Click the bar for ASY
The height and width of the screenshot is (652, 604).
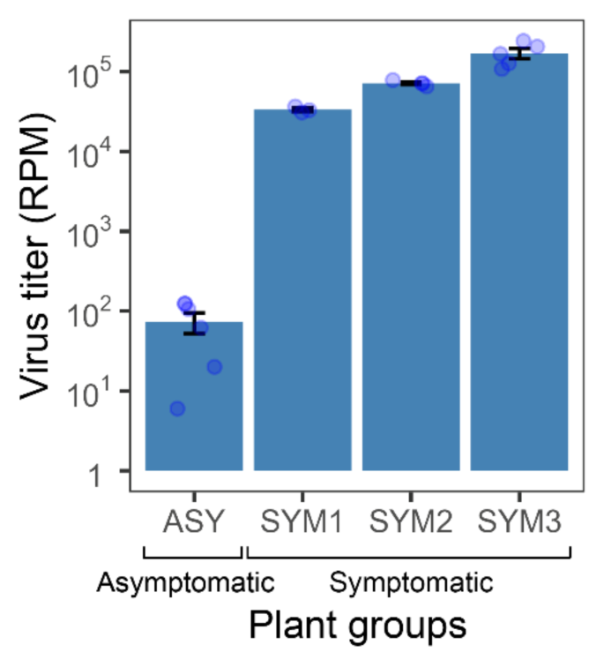[x=194, y=397]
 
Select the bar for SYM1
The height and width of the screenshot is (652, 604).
[x=302, y=291]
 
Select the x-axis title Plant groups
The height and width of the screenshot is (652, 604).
[x=356, y=625]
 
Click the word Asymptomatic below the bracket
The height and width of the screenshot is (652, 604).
[x=186, y=582]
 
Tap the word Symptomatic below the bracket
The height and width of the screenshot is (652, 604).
[x=411, y=582]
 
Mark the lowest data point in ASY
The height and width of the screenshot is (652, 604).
[x=177, y=408]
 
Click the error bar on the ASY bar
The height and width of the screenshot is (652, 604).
[x=194, y=323]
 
